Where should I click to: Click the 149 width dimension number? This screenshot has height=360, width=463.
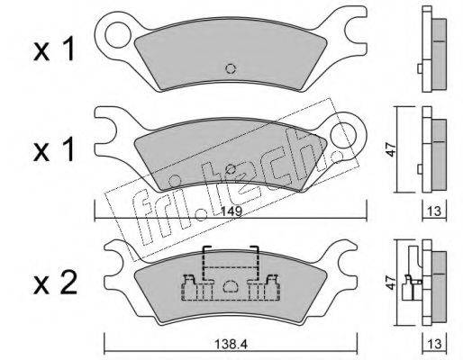point(232,211)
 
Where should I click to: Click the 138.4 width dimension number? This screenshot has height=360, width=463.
point(231,345)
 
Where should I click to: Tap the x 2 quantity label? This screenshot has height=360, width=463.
point(55,283)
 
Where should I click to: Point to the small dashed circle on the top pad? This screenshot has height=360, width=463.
point(231,69)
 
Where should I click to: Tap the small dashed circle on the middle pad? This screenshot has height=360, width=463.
point(231,169)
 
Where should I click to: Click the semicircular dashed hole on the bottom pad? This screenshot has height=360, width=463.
point(231,286)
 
